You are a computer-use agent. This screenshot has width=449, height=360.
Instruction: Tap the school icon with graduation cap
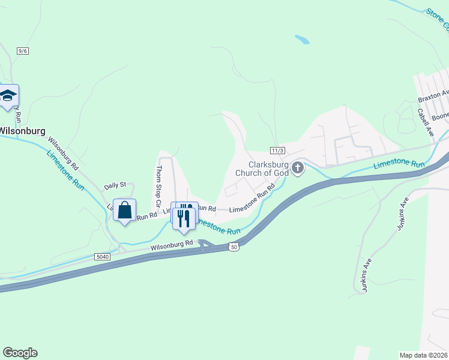point(8,96)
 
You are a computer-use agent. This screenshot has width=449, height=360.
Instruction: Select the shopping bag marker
point(124,211)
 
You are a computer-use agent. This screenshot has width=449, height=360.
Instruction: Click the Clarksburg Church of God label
point(270,169)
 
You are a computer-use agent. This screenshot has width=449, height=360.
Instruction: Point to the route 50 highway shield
point(234,247)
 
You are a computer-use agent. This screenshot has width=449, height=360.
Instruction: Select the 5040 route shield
point(103,256)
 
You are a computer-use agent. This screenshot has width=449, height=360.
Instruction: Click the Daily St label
point(115,186)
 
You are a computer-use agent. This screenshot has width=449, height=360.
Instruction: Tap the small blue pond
point(302,40)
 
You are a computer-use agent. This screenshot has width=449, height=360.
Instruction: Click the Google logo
point(20,353)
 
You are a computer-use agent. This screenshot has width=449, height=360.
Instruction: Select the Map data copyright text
point(423,355)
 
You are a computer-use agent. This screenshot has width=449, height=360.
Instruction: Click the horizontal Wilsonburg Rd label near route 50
point(172,244)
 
